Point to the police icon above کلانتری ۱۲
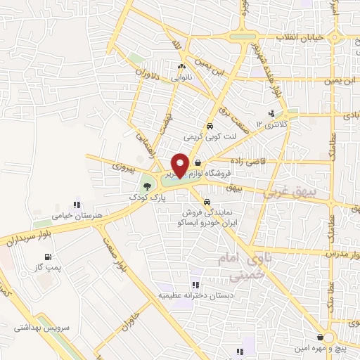271,112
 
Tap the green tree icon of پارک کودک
146,187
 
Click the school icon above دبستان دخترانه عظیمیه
195,285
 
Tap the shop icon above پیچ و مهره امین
321,337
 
